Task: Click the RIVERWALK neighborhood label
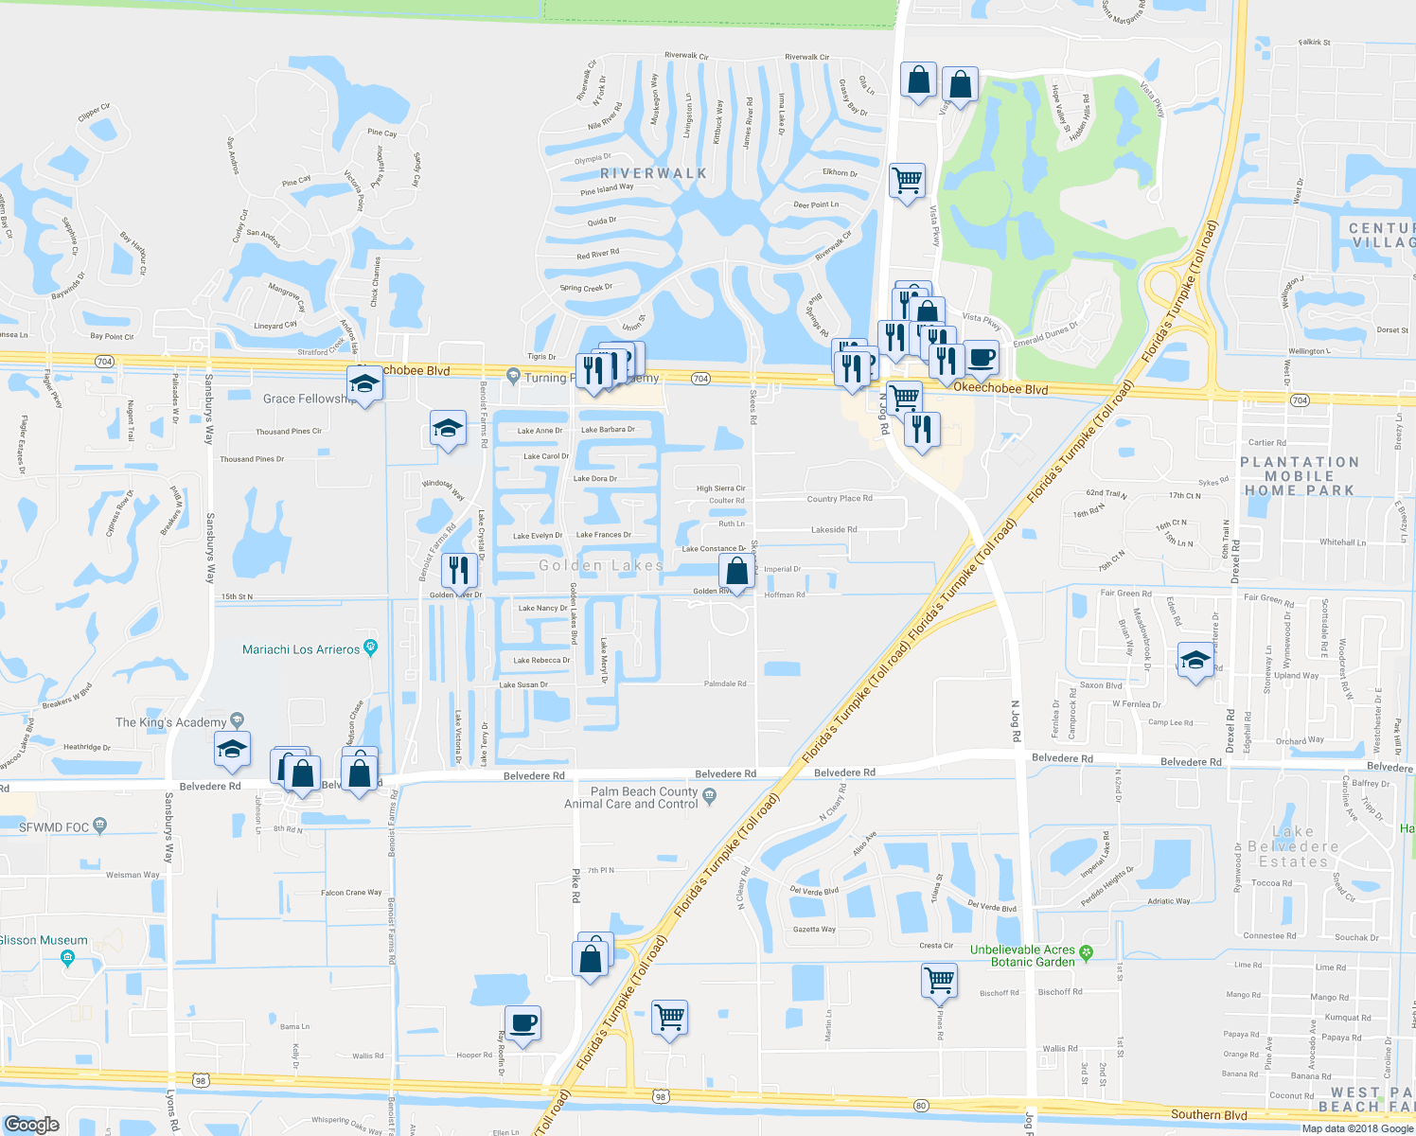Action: click(653, 173)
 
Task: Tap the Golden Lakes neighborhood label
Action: click(600, 565)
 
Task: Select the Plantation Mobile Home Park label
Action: click(1299, 476)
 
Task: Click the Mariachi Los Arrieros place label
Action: click(301, 649)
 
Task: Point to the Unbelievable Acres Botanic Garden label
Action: click(1022, 955)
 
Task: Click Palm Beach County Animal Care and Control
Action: click(644, 798)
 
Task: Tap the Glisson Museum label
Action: click(44, 940)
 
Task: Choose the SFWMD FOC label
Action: click(54, 826)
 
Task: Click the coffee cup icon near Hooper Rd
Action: click(522, 1023)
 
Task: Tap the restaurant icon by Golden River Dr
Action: click(458, 571)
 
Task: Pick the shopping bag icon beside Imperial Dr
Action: click(736, 572)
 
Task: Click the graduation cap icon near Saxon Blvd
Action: click(1195, 660)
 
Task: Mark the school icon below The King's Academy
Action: click(232, 750)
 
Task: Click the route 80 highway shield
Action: click(921, 1105)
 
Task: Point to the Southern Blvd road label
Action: click(1209, 1114)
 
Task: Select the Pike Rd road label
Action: click(575, 884)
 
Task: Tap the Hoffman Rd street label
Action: click(785, 595)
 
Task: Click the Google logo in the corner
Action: click(32, 1124)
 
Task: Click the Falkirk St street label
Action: click(1314, 43)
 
